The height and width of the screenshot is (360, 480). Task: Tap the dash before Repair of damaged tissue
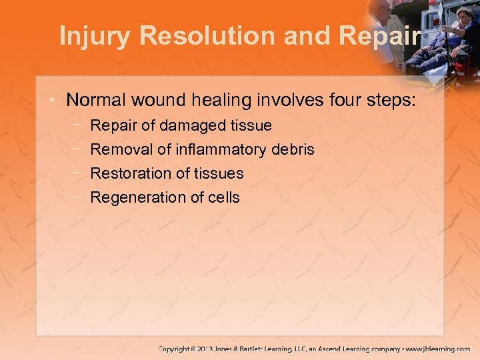(x=78, y=125)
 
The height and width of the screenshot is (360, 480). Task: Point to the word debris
(x=293, y=149)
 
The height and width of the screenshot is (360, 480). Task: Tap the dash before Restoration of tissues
(x=78, y=173)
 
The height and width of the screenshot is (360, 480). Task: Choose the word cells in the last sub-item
(x=223, y=197)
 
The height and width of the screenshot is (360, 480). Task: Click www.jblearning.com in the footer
(x=438, y=349)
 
